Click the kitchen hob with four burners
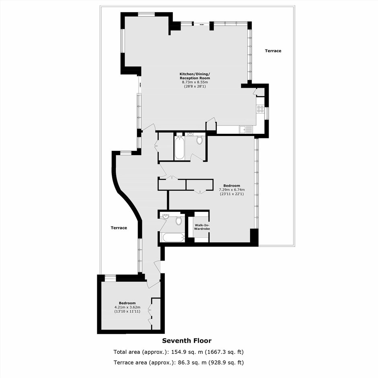coord(260,109)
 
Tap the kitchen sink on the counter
coord(246,130)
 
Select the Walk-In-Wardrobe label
coord(202,227)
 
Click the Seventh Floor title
coord(187,341)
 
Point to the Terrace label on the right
coord(273,51)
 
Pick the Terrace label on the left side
coord(119,228)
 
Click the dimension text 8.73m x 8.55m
coord(195,82)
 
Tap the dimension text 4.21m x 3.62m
coord(127,307)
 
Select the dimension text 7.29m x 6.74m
coord(232,190)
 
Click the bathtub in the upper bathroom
coord(179,148)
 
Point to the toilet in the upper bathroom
coord(199,140)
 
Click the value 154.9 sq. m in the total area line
coord(187,352)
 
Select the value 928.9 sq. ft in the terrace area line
coord(226,362)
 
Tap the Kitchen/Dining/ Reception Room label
coord(195,76)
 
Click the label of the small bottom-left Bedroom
coord(127,303)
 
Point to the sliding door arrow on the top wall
coord(202,25)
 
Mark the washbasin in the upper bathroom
coord(190,134)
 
